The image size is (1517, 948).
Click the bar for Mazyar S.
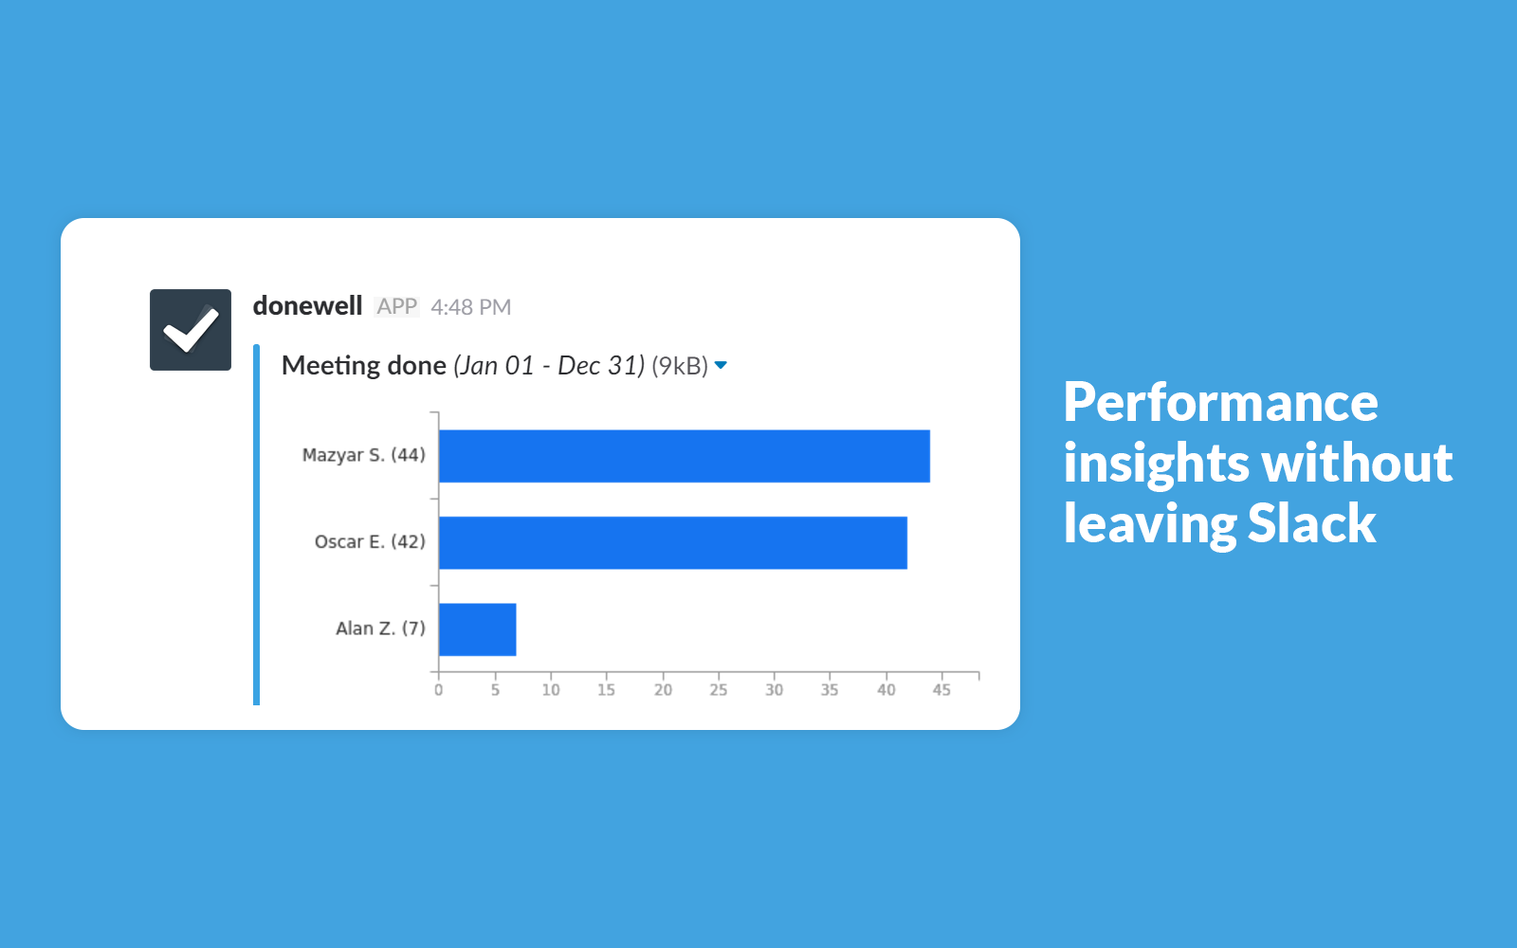(684, 456)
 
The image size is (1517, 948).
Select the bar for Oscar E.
(672, 542)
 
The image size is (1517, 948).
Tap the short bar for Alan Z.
(478, 629)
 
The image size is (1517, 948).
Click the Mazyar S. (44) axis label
(364, 455)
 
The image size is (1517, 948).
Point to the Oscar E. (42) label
(370, 541)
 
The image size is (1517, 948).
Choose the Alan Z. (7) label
(380, 629)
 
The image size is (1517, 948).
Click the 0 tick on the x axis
(439, 690)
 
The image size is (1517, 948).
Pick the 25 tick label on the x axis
(719, 690)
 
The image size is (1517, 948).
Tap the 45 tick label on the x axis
(941, 690)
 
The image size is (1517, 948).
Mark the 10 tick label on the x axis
(551, 690)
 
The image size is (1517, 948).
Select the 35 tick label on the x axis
(830, 690)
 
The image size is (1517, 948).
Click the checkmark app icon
(191, 330)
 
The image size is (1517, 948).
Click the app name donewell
(307, 306)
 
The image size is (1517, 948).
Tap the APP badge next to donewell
(397, 307)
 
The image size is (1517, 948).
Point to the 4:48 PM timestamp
(470, 307)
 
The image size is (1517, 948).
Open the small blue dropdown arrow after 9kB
(721, 366)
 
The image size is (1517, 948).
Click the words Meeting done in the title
(364, 366)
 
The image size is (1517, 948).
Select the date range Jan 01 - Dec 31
(549, 366)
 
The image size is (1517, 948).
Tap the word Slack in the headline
(1312, 523)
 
